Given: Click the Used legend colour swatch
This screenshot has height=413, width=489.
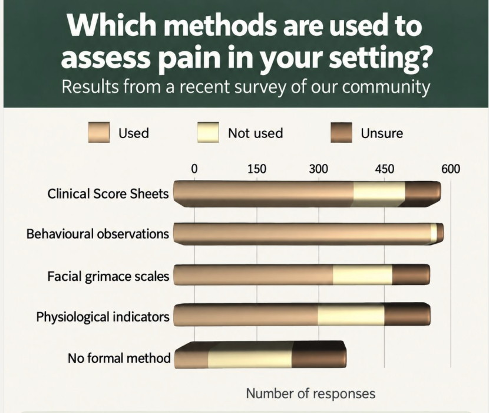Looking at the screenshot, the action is point(98,133).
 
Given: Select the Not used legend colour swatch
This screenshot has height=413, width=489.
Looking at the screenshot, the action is point(208,133).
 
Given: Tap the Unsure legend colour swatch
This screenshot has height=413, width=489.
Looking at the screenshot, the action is point(342,133).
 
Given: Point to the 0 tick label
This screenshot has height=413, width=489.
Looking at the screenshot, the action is point(194,169).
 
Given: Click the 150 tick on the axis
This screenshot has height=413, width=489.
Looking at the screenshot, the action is point(257,169).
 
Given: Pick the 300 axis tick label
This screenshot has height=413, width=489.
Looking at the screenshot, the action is point(319,169).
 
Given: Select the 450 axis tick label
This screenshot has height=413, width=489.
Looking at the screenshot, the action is point(385,169).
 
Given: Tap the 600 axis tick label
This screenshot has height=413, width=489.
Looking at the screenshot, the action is point(451,169).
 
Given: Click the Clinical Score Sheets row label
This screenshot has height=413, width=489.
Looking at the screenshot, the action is point(108,194).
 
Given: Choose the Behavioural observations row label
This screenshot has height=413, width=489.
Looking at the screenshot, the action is point(98,234).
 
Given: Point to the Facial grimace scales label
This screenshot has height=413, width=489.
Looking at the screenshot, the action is point(108,277).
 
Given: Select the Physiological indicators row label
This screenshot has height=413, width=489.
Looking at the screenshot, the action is point(103,317).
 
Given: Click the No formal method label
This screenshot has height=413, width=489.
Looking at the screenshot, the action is point(119,358).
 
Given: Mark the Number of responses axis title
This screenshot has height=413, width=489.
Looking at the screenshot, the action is point(310,394).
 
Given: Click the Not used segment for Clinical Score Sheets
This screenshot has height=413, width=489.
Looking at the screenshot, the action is point(379,194).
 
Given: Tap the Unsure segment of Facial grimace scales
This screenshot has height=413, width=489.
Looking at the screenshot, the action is point(411,275).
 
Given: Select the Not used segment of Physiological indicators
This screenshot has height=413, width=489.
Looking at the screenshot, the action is point(351,315).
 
